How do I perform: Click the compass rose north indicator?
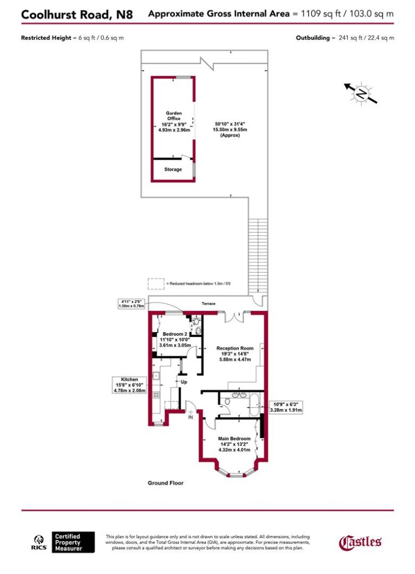pyautogui.click(x=361, y=93)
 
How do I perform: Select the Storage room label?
pyautogui.click(x=173, y=170)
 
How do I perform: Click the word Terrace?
pyautogui.click(x=209, y=303)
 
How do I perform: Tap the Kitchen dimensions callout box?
pyautogui.click(x=129, y=385)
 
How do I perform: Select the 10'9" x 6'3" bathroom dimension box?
pyautogui.click(x=286, y=407)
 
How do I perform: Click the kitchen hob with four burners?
pyautogui.click(x=157, y=395)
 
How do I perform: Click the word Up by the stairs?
pyautogui.click(x=184, y=382)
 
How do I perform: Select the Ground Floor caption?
pyautogui.click(x=166, y=483)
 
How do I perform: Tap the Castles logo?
pyautogui.click(x=360, y=542)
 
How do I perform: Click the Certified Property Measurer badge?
pyautogui.click(x=73, y=542)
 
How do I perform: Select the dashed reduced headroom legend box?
pyautogui.click(x=156, y=283)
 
